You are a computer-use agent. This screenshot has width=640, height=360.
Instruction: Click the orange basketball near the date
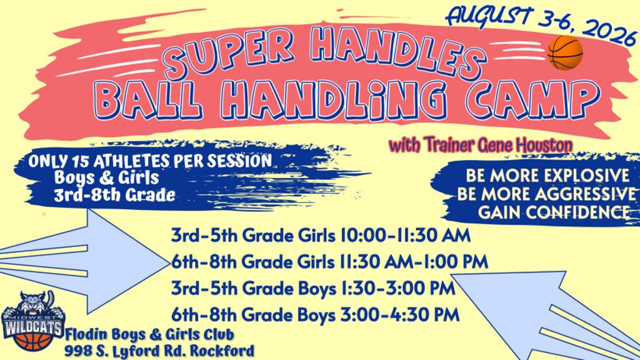(x=565, y=52)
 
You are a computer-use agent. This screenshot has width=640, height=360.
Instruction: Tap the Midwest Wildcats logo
(x=32, y=320)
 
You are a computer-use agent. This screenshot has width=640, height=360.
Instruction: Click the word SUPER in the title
(x=229, y=53)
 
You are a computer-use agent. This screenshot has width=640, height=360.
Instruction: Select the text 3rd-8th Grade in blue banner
(x=115, y=195)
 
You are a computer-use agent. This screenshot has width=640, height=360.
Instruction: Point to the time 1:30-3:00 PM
(x=396, y=288)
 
